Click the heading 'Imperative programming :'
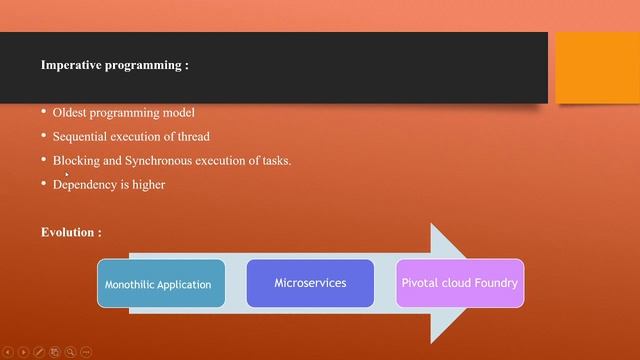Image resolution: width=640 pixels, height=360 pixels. pos(115,65)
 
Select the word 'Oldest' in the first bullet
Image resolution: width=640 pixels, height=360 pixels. pos(71,113)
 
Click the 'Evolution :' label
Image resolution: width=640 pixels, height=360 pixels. pos(71,232)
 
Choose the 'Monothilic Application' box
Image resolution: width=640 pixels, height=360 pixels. pos(160,284)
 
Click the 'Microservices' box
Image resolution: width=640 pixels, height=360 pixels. pos(310,283)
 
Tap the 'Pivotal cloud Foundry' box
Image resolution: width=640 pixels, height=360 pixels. pos(459,283)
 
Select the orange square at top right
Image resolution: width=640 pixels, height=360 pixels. pos(597,67)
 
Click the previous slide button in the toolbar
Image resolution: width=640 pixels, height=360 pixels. pos(8,352)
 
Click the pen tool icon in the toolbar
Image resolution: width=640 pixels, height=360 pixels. pos(39,352)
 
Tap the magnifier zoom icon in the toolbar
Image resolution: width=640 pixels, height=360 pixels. pos(70,352)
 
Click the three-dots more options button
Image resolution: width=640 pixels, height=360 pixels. pos(86,352)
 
